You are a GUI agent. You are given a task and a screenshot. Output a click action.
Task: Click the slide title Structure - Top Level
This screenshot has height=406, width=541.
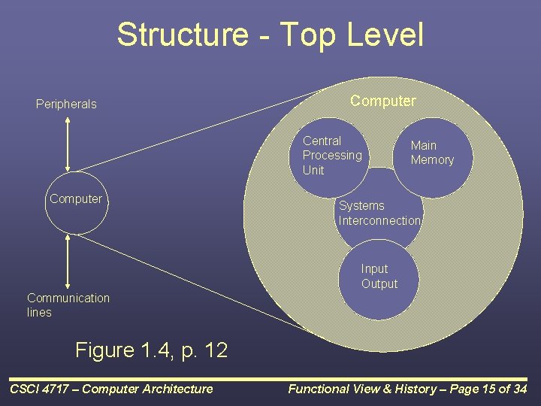pyautogui.click(x=270, y=35)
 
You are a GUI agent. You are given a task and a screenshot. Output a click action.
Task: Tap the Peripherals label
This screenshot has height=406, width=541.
pyautogui.click(x=66, y=105)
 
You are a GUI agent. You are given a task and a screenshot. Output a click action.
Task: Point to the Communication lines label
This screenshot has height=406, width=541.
pyautogui.click(x=68, y=305)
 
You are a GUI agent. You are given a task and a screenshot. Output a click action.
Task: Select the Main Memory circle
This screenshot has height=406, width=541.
pyautogui.click(x=432, y=153)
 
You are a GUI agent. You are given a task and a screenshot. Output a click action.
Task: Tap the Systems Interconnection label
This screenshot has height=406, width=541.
pyautogui.click(x=379, y=213)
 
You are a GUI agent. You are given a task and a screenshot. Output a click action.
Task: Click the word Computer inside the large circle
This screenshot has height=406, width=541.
pyautogui.click(x=382, y=101)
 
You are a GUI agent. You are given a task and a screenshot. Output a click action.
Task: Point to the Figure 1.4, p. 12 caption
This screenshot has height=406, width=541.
pyautogui.click(x=151, y=350)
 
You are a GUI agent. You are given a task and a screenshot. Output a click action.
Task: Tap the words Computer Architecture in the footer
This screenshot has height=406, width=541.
pyautogui.click(x=150, y=389)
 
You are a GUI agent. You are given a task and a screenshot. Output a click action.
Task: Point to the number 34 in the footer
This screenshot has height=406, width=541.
pyautogui.click(x=520, y=389)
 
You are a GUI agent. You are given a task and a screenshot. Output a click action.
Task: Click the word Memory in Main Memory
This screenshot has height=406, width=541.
pyautogui.click(x=432, y=160)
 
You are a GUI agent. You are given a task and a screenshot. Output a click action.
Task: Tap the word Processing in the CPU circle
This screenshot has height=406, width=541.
pyautogui.click(x=332, y=156)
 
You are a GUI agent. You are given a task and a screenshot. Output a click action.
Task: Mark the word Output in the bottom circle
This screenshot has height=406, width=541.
pyautogui.click(x=379, y=284)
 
